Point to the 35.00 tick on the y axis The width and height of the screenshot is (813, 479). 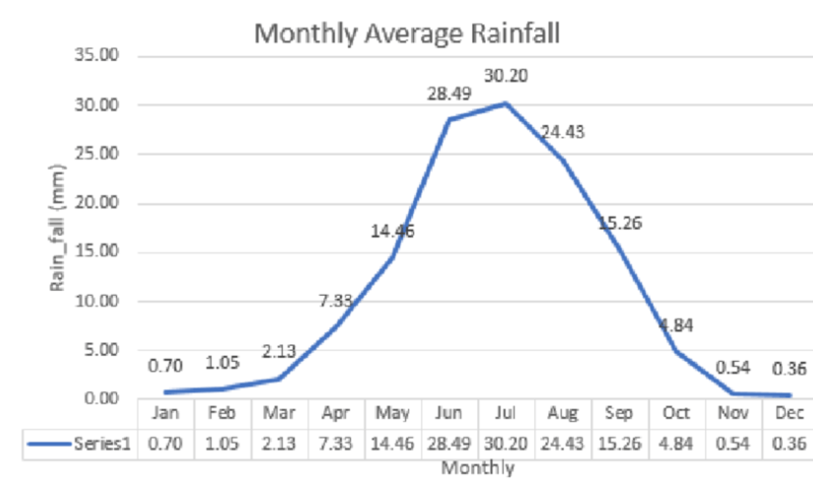tap(97, 55)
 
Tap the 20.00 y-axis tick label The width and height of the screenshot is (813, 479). tap(97, 202)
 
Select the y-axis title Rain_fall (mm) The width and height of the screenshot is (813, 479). tap(57, 227)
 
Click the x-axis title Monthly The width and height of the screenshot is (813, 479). tap(478, 468)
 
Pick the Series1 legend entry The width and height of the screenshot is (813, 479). tap(79, 443)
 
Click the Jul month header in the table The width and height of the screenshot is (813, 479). tap(506, 413)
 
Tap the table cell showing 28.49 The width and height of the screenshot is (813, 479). tap(449, 444)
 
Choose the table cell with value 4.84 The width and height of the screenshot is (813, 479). tap(676, 444)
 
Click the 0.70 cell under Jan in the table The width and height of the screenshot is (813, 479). tap(165, 444)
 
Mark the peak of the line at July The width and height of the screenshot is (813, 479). tap(506, 104)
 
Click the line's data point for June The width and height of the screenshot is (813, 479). tap(450, 119)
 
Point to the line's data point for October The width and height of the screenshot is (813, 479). tap(676, 351)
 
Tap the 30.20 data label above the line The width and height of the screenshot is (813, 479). tap(506, 76)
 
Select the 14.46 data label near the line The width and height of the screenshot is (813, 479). tap(392, 231)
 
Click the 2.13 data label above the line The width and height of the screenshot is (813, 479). tap(279, 351)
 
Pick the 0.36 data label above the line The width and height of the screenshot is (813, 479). tap(789, 368)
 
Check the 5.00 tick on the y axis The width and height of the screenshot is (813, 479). tap(101, 350)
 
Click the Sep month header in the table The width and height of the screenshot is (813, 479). tap(619, 413)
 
